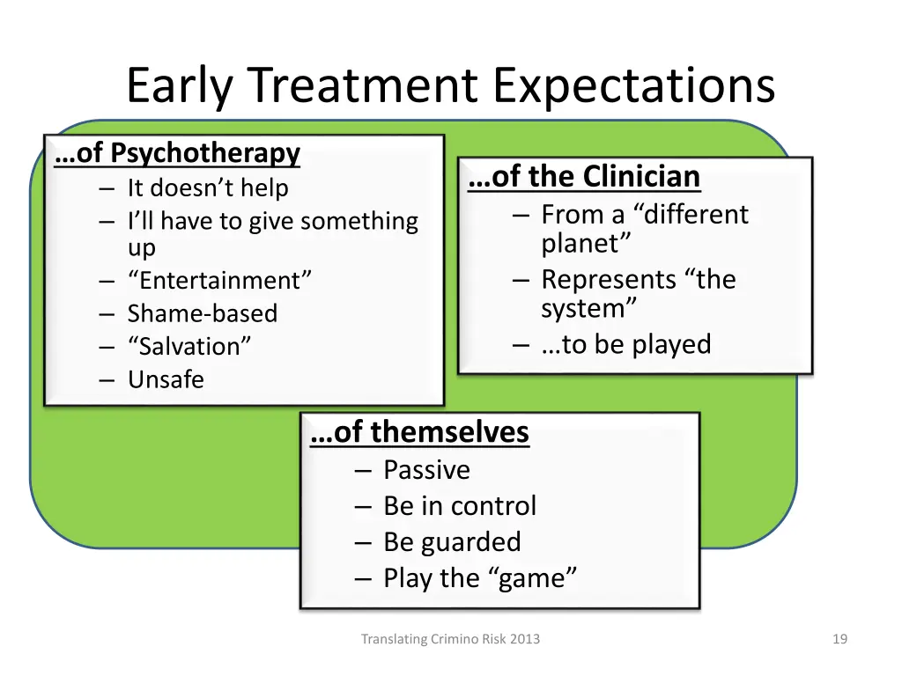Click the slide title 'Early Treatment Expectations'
click(450, 85)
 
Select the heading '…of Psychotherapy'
click(177, 153)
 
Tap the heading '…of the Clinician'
click(585, 177)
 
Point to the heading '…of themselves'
click(420, 432)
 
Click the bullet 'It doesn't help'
click(208, 187)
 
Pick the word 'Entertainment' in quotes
click(219, 281)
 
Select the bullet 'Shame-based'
click(203, 313)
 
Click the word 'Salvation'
click(189, 346)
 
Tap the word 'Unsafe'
click(166, 379)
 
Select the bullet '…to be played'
click(626, 344)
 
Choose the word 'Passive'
click(426, 470)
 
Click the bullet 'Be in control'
click(460, 506)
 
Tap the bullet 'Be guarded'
click(452, 542)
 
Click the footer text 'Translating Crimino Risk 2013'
click(450, 640)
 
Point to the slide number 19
click(839, 640)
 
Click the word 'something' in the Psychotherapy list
click(359, 221)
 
